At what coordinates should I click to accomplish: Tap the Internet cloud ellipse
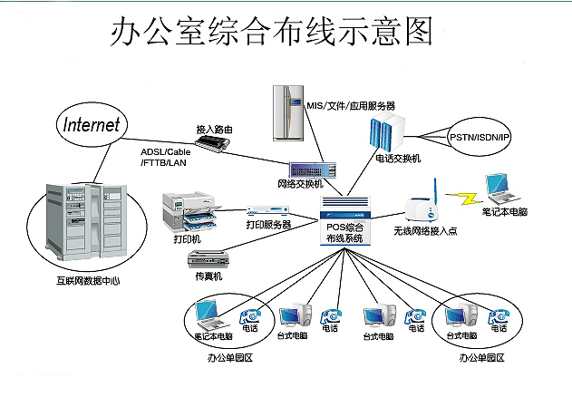91,125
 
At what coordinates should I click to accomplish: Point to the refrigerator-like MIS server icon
288,112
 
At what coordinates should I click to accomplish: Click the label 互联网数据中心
88,281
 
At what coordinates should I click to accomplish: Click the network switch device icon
314,169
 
